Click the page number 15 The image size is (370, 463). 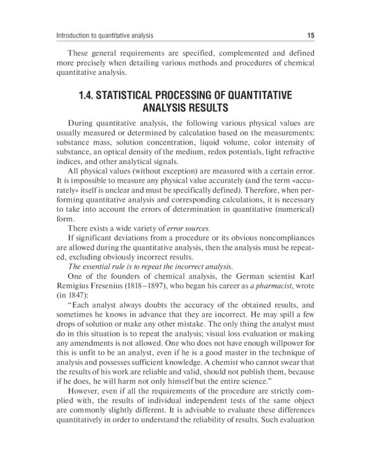click(x=310, y=35)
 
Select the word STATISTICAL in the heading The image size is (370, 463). click(x=138, y=96)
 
